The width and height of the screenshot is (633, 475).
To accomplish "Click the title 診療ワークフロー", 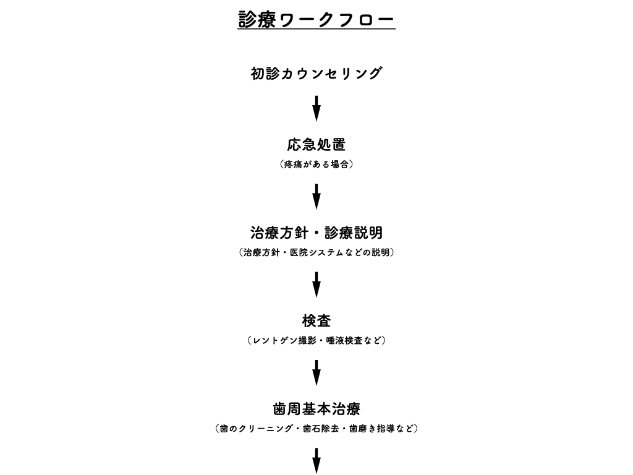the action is (316, 19).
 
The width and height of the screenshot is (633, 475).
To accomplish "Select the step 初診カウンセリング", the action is (316, 74).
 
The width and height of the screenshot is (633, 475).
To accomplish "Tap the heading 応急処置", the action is (316, 145).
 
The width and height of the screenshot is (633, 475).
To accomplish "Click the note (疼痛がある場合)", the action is (316, 164).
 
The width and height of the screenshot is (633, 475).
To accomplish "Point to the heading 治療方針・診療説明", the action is (316, 233).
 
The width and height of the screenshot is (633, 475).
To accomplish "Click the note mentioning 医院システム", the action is (316, 252).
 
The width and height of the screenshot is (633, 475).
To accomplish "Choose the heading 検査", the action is (316, 321).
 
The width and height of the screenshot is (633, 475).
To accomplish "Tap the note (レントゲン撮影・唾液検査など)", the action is (316, 341).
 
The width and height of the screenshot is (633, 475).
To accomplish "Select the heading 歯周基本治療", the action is (316, 409).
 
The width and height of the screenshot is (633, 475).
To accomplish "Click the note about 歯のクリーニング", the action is (316, 429).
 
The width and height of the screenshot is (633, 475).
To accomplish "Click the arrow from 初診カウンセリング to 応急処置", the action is (316, 109).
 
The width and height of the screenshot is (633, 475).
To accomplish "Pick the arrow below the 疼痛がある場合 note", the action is (316, 197).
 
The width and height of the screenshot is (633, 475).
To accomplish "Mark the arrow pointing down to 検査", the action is (316, 285).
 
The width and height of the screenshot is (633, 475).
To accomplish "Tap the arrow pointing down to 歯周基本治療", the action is (316, 373).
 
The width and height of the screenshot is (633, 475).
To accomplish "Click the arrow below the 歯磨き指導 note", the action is (316, 461).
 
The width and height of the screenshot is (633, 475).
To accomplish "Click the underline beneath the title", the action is (316, 29).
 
